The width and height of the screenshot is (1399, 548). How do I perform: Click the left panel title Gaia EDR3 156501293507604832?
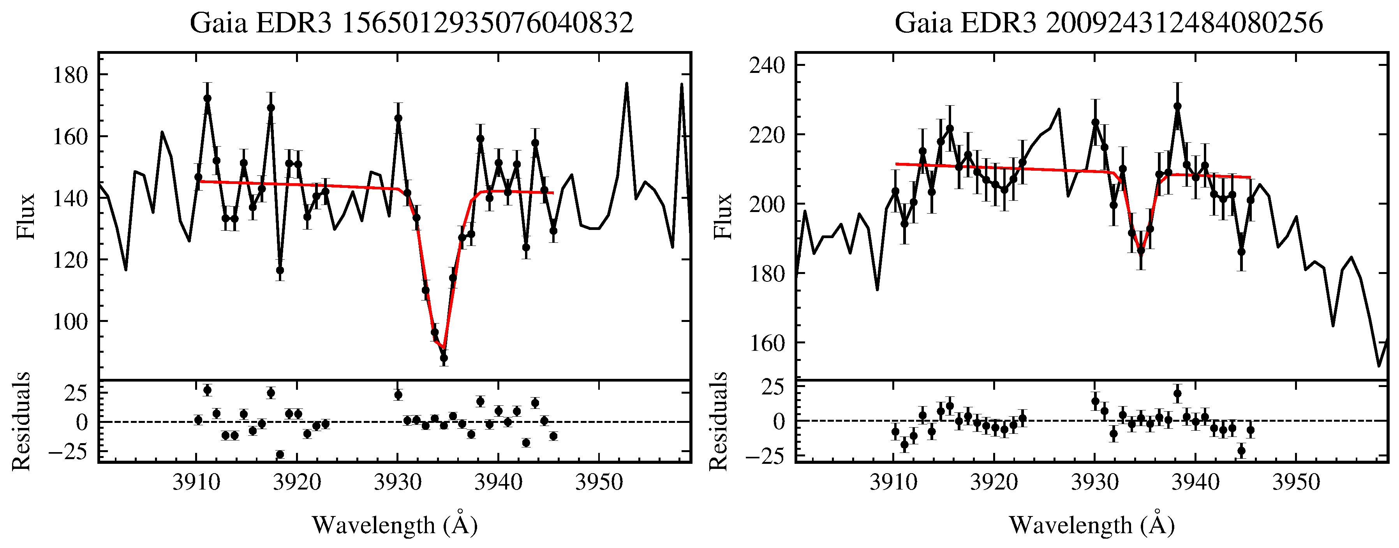tap(411, 23)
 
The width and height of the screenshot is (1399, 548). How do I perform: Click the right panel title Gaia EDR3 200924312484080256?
tap(1108, 23)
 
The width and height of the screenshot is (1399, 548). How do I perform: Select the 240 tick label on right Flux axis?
tap(767, 65)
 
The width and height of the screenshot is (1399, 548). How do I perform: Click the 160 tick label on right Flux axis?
tap(767, 343)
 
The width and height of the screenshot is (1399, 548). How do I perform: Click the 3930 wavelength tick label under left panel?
tap(398, 482)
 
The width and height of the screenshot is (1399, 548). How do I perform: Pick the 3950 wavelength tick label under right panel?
tap(1296, 482)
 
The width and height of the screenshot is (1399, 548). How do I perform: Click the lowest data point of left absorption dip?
tap(444, 358)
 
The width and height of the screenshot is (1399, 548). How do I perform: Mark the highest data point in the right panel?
tap(1177, 106)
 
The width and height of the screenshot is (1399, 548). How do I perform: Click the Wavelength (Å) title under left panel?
tap(395, 525)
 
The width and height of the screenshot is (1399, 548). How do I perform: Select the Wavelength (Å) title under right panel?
tap(1092, 525)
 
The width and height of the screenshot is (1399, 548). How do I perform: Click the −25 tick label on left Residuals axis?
tap(68, 453)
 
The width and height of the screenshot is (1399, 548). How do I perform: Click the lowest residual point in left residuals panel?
tap(280, 454)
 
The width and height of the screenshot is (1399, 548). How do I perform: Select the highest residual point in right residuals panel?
tap(1177, 394)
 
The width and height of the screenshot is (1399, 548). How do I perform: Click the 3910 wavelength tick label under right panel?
tap(894, 482)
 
